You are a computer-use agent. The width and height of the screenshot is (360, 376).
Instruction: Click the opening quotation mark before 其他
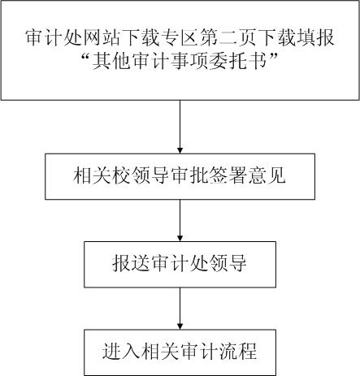pos(86,57)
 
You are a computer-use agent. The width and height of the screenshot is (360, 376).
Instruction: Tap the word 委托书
pos(237,61)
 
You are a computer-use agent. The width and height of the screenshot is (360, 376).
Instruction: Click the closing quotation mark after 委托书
pos(272,57)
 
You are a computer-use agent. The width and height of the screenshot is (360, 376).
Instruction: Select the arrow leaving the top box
pos(180,127)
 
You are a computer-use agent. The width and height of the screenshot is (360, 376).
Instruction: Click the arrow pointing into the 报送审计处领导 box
pos(180,221)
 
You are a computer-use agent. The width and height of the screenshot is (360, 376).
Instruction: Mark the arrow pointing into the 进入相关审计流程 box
pos(180,309)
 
